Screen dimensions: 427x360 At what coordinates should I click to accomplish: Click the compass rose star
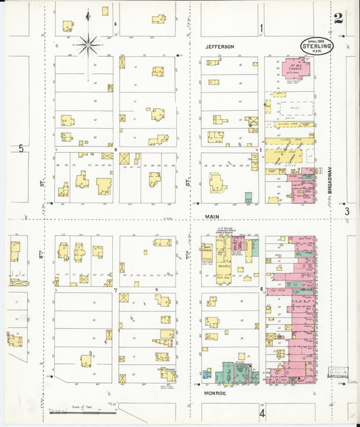point(88,45)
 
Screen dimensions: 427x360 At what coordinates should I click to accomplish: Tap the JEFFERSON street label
point(220,47)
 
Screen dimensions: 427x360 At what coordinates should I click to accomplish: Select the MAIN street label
point(214,217)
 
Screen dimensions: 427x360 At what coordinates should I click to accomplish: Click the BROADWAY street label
point(331,181)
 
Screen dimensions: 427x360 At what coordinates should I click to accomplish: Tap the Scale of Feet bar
point(80,411)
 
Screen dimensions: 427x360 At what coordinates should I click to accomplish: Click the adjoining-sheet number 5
point(21,148)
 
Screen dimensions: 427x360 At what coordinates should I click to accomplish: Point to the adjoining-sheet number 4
point(262,412)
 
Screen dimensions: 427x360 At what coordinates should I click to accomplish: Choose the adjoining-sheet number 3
point(347,212)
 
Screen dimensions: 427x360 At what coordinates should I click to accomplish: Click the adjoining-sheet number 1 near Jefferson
point(261,28)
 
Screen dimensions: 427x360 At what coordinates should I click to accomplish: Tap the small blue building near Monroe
point(206,372)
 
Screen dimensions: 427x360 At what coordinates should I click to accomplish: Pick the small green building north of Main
point(249,198)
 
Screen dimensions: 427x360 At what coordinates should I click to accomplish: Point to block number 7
point(115,290)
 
